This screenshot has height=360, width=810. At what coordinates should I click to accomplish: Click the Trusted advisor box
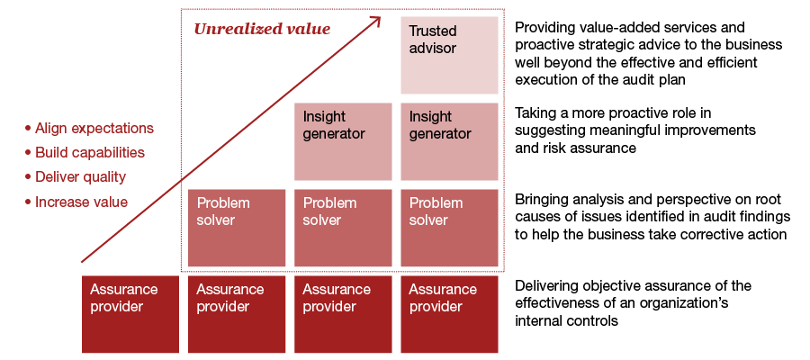(449, 55)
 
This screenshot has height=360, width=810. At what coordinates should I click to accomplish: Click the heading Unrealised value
(262, 29)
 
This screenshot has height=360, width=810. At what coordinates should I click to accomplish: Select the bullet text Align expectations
(94, 129)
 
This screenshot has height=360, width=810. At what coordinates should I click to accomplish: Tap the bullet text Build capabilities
(89, 153)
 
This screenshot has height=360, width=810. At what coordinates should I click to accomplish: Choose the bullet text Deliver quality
(80, 177)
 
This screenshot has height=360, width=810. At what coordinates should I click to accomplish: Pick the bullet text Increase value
(81, 202)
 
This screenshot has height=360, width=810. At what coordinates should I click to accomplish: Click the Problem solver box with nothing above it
(237, 228)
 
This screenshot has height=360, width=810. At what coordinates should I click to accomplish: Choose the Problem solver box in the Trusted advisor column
(449, 228)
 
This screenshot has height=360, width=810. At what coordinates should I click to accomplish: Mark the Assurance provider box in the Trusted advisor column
(449, 314)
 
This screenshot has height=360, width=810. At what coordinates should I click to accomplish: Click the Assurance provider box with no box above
(130, 314)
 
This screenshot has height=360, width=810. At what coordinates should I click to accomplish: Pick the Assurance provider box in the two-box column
(237, 314)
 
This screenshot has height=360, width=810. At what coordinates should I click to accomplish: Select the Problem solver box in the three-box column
(343, 228)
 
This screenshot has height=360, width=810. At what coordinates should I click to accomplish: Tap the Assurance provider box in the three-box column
(343, 314)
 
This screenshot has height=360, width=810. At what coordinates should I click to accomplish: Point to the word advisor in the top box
(433, 49)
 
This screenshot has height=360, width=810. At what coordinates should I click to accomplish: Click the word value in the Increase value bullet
(110, 202)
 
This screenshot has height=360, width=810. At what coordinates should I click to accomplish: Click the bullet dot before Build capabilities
(28, 153)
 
